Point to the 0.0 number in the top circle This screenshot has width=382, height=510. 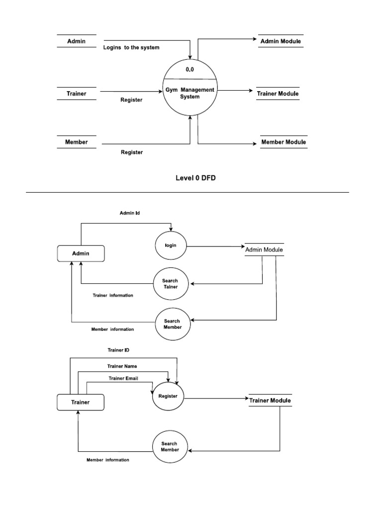pos(190,70)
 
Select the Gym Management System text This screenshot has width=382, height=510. pos(190,93)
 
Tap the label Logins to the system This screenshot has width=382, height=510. pos(131,48)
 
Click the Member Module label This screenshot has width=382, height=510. pos(284,142)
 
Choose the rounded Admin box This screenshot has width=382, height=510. pos(81,254)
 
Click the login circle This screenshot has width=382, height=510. pos(171,246)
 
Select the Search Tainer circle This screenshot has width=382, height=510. pos(170,284)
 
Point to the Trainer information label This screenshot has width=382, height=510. pos(113,295)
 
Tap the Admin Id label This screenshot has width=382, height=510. pos(130,213)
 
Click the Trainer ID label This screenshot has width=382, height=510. pos(118,350)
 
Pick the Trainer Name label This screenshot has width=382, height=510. pos(122,366)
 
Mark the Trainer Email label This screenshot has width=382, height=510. pos(123,378)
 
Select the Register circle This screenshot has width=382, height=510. pos(168,396)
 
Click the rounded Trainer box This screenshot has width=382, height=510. pos(81,402)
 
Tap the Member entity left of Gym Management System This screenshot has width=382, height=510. pos(77,142)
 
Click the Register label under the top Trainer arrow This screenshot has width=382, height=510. pos(131,100)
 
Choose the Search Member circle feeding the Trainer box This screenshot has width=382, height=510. pos(169,447)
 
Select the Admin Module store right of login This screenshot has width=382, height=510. pos(264,250)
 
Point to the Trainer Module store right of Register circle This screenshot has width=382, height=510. pos(270,400)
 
